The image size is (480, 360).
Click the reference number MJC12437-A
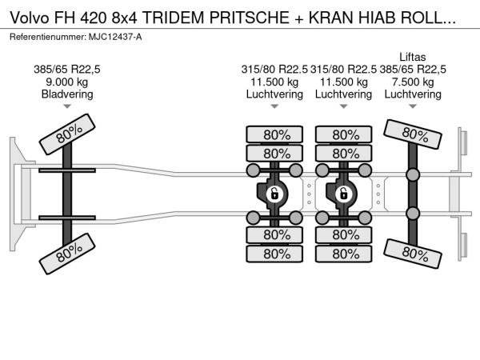115,37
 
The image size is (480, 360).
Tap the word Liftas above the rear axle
412,57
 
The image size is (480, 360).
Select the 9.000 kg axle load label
66,82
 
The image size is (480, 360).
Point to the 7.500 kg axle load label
413,82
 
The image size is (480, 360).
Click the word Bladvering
67,94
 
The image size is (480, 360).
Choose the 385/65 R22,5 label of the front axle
66,70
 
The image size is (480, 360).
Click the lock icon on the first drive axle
274,194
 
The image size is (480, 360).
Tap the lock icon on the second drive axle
343,194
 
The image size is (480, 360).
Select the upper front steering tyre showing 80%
67,134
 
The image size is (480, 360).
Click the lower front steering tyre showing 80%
67,254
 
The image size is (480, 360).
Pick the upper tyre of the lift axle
412,134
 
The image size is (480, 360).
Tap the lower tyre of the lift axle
412,254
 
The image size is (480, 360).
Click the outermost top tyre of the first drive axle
274,134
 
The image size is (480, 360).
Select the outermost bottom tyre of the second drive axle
343,254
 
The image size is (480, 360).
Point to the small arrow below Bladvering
67,106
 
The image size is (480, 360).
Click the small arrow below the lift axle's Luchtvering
413,106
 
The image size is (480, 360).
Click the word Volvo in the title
30,18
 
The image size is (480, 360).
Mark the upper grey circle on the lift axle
412,175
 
